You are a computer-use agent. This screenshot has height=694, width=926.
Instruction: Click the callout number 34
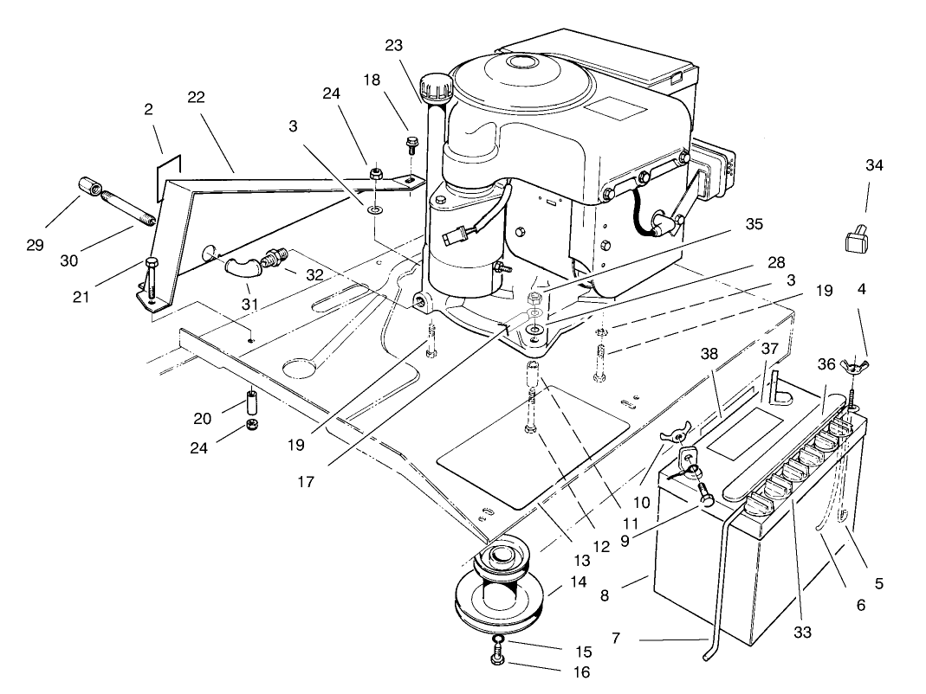874,165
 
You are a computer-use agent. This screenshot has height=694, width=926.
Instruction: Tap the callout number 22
196,98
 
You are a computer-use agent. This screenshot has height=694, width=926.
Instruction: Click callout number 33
803,633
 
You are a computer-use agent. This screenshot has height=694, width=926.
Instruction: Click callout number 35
754,223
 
